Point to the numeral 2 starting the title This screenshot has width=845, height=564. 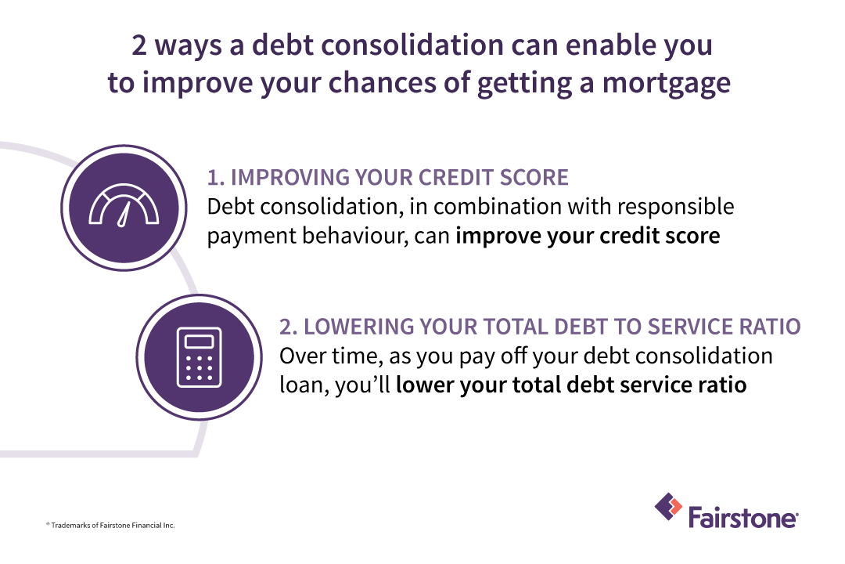[x=140, y=45]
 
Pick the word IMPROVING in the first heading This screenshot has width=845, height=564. [x=286, y=178]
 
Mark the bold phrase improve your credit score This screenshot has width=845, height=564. [x=587, y=236]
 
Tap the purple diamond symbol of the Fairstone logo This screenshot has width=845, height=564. [x=667, y=507]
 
